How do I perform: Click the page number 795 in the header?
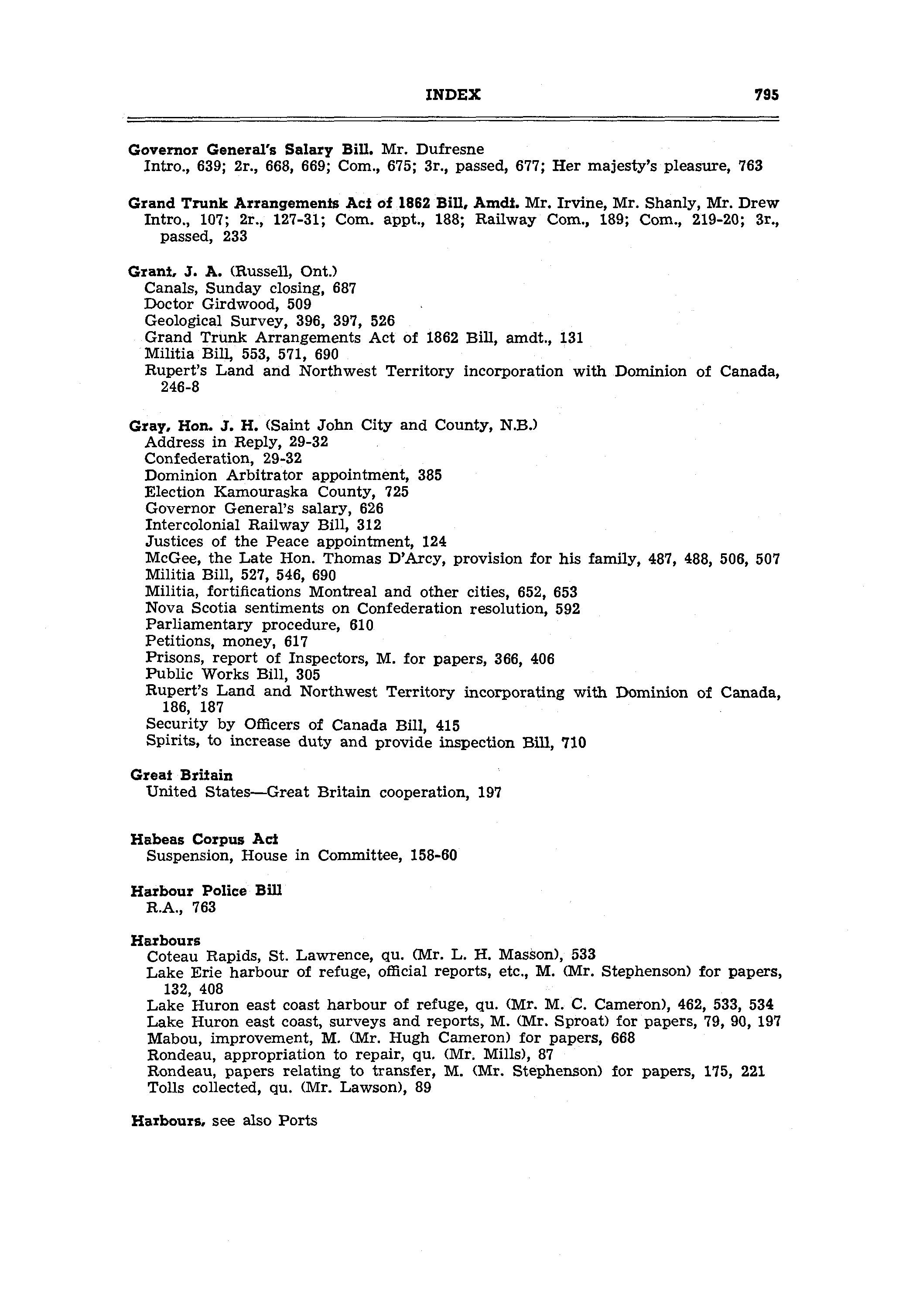click(x=766, y=95)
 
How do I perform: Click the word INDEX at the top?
click(x=453, y=95)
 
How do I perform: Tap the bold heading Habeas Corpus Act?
click(x=204, y=839)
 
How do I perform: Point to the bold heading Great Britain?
click(x=181, y=775)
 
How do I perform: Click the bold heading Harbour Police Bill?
click(x=206, y=891)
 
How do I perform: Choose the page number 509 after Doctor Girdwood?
click(x=299, y=305)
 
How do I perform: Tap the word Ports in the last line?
click(x=297, y=1121)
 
